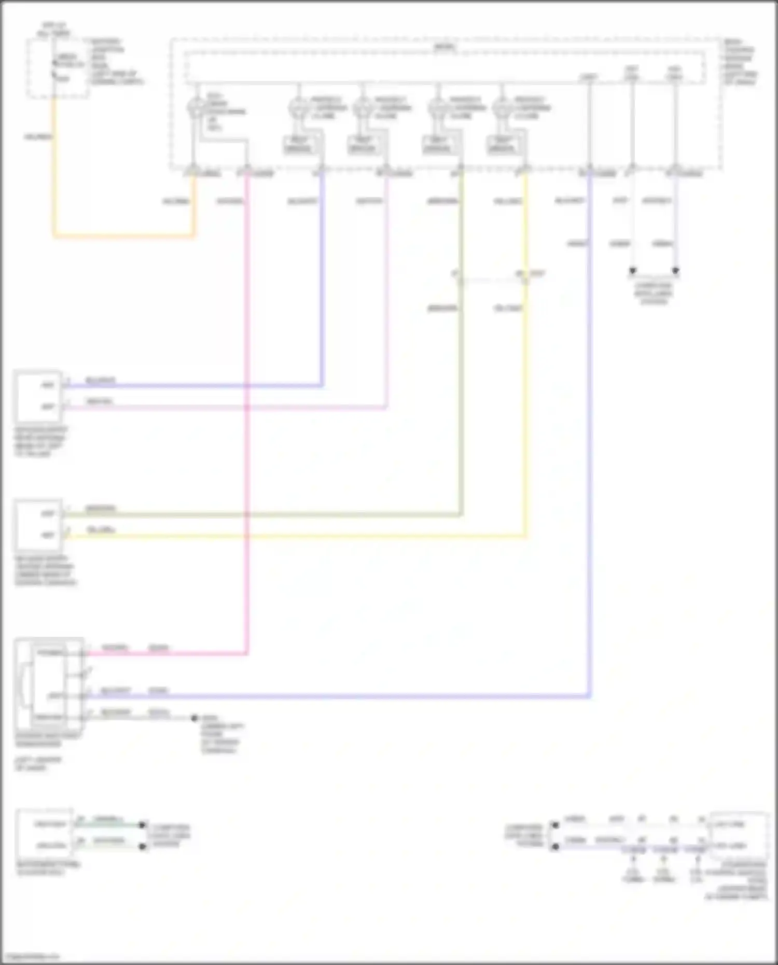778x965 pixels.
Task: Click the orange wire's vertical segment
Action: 53,166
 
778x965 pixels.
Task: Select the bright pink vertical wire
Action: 247,415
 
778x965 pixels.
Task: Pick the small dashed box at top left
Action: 57,68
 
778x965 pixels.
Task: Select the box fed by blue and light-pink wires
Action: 38,397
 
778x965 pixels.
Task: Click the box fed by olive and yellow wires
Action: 38,525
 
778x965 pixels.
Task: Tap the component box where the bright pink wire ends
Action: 49,684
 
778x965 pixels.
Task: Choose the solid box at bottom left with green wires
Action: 45,834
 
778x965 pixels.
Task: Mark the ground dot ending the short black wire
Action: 195,718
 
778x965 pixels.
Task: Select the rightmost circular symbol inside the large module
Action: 502,108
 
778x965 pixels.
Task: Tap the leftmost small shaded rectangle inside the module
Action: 298,145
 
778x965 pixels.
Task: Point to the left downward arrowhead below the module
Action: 632,271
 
